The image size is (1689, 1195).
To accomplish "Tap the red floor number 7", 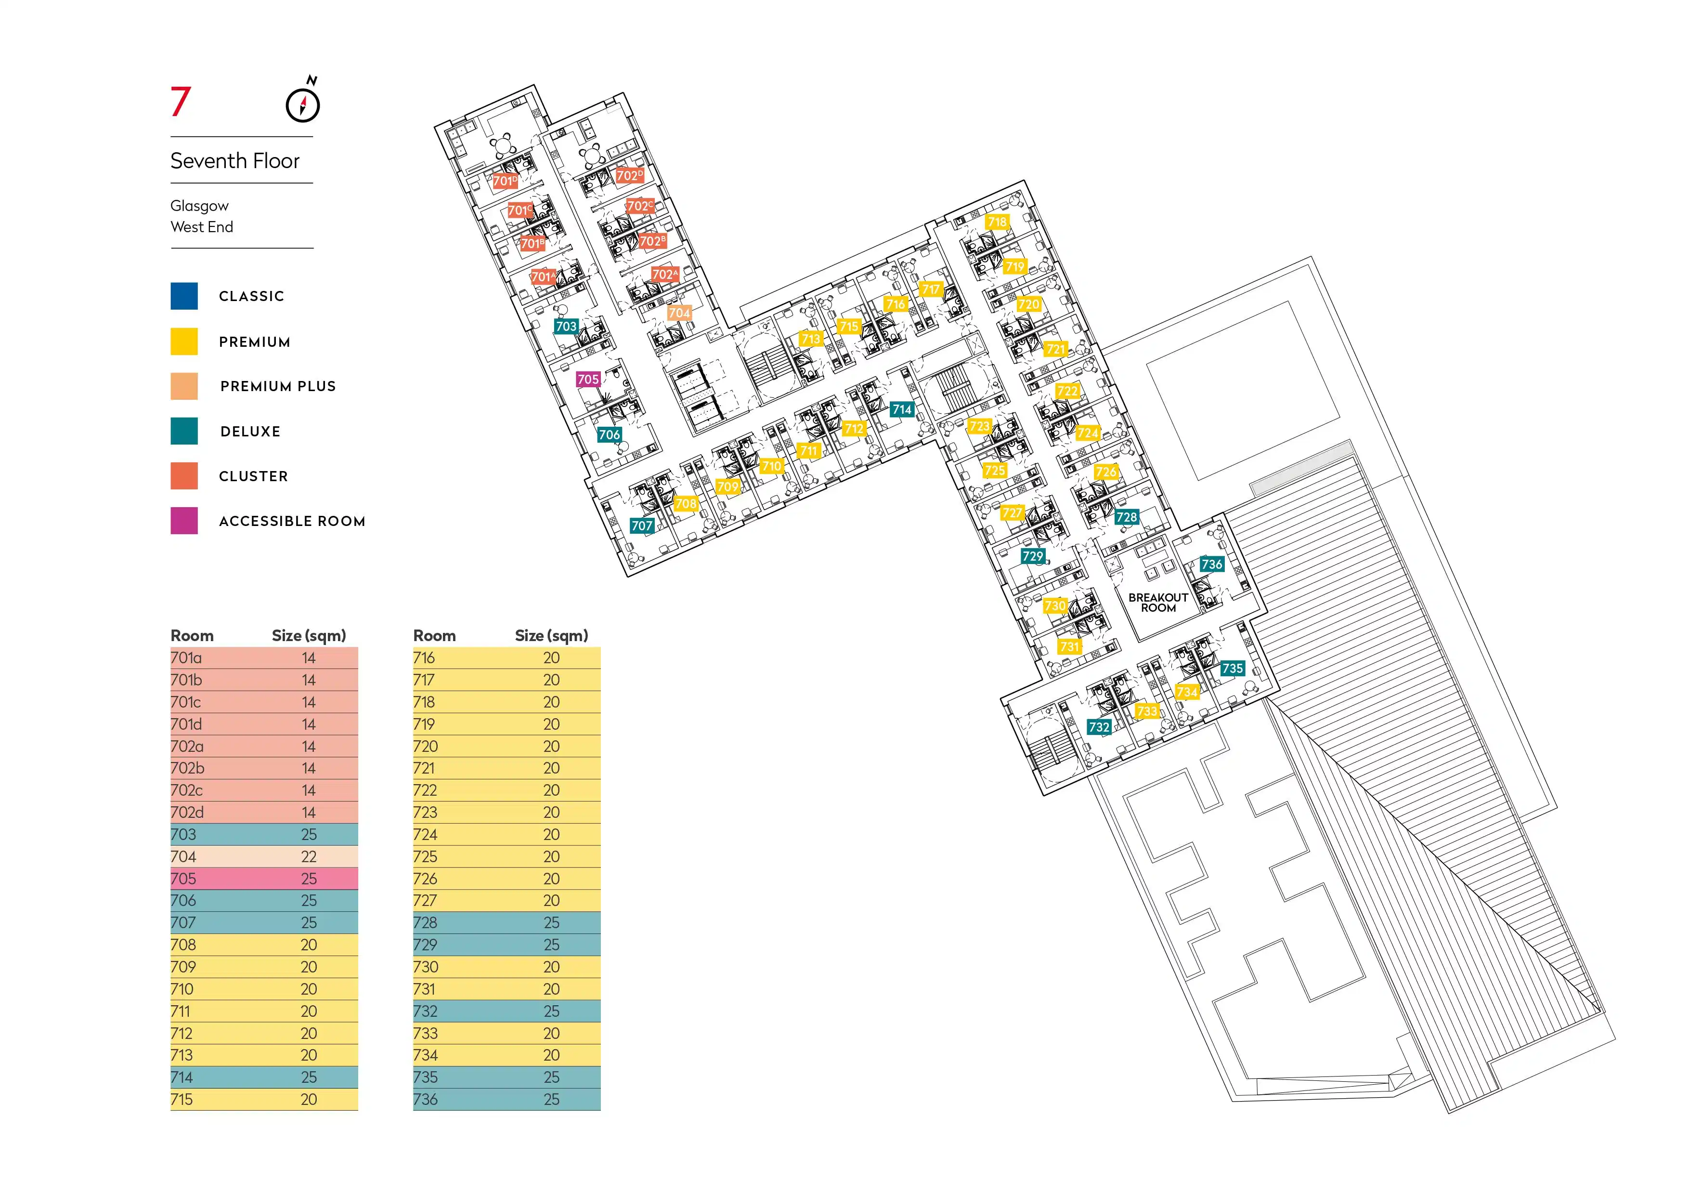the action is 180,102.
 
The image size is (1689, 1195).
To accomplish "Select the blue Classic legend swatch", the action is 184,296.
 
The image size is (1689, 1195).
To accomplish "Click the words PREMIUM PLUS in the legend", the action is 278,386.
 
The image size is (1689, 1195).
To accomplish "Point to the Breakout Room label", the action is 1158,603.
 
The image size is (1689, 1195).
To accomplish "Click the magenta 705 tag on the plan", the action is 588,380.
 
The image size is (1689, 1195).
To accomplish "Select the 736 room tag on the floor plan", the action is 1211,565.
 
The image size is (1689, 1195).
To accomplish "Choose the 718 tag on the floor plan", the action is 997,222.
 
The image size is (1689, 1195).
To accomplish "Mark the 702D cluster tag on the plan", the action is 630,175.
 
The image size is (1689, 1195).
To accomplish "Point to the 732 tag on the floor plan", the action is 1099,727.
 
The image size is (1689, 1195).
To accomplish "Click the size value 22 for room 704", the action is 309,856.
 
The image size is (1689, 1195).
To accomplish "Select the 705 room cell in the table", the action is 183,879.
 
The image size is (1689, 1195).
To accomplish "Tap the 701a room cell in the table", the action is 186,658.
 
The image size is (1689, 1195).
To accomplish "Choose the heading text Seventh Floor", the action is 234,160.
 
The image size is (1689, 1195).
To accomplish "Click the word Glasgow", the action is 199,206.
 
